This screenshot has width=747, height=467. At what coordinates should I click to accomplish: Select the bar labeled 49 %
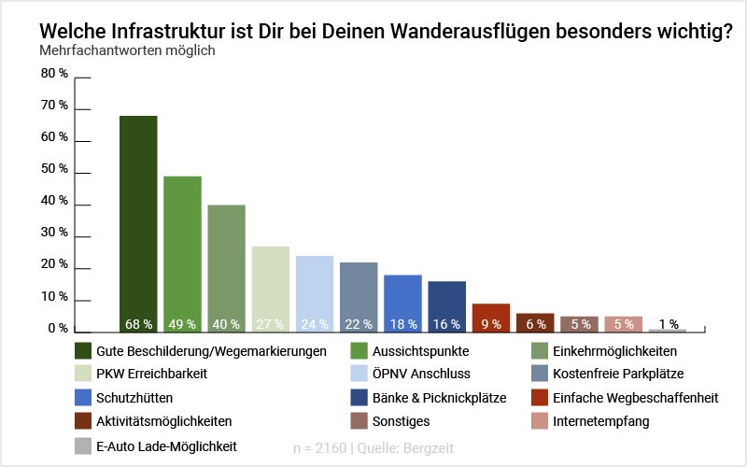182,252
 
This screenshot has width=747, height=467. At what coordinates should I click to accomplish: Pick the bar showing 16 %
446,305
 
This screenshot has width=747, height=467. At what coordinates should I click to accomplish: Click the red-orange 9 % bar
490,317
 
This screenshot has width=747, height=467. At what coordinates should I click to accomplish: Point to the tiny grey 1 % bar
667,330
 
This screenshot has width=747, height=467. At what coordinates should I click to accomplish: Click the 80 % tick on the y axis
55,74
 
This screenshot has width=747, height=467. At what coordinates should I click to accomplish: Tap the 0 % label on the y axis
59,329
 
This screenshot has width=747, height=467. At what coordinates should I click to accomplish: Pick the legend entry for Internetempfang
600,421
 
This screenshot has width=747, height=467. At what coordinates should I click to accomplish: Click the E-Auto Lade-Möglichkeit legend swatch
83,446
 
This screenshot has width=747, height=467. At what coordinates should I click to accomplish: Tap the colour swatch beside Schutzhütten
83,398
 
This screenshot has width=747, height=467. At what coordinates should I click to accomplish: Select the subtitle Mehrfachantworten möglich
128,50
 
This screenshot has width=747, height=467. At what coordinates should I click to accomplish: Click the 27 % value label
270,324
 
